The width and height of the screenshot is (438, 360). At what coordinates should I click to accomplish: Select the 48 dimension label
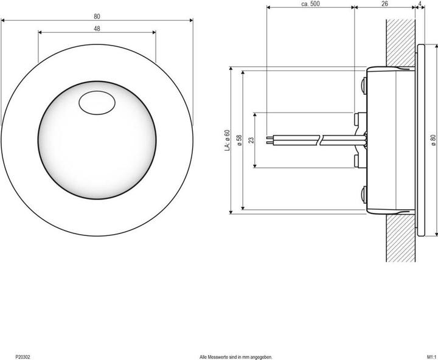coord(97,29)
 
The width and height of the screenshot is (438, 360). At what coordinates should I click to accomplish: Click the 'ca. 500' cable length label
coord(310,4)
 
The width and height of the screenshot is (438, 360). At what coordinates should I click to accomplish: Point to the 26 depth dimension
coord(384,4)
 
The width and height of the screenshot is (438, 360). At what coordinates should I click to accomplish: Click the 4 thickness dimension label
coord(421,4)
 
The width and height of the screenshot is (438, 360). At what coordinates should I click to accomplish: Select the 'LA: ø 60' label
coord(226,139)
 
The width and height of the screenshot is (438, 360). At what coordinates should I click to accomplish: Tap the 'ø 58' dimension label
coord(240,139)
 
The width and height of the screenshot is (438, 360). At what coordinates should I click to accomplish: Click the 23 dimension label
coord(251,140)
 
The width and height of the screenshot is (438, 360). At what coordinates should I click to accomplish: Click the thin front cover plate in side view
coord(420,139)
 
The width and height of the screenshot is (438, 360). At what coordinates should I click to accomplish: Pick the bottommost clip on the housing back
coord(363,195)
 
